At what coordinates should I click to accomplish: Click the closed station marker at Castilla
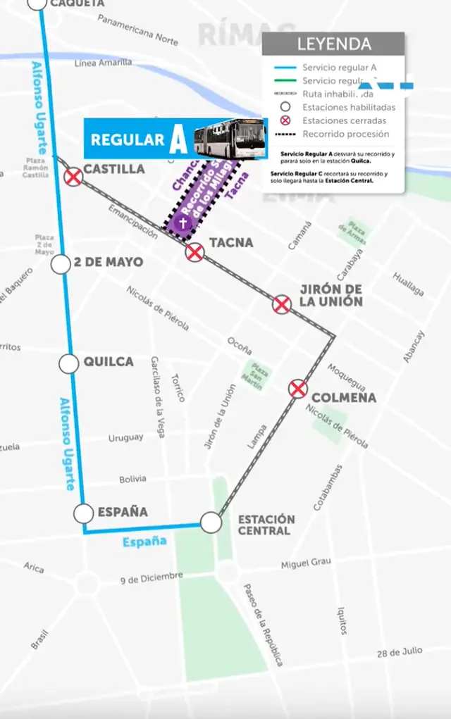coord(73,177)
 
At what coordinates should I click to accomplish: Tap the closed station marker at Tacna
coord(194,251)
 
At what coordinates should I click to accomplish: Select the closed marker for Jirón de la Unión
coord(282,304)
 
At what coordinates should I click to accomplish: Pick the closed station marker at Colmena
coord(298,389)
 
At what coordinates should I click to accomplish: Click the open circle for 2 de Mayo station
coord(61,264)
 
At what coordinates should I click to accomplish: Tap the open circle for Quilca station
coord(68,363)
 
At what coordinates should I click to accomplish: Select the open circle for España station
coord(85,513)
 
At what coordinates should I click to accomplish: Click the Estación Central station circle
coord(210,523)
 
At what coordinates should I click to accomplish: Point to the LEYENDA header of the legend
coord(333,44)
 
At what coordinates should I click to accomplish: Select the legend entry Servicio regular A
coord(339,68)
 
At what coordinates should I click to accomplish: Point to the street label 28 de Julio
coord(400,651)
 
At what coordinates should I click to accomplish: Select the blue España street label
coord(144,542)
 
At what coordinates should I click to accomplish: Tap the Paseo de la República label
coord(263,625)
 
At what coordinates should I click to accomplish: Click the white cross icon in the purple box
coord(183,224)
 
